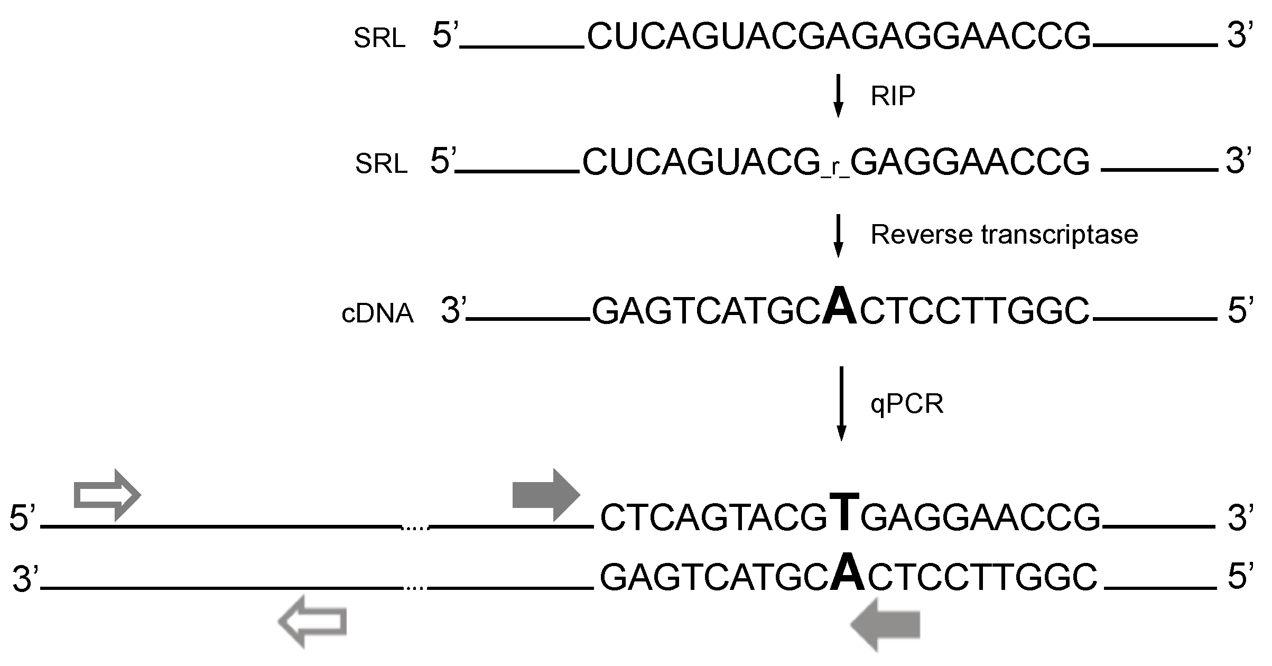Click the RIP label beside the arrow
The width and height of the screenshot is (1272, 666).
click(x=893, y=96)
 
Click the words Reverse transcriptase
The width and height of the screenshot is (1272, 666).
click(x=1004, y=235)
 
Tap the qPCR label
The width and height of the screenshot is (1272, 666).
click(x=907, y=404)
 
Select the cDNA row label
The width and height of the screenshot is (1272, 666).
click(x=377, y=313)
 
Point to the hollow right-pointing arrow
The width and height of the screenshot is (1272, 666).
click(x=107, y=495)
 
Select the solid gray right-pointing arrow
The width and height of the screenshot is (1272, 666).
click(x=546, y=495)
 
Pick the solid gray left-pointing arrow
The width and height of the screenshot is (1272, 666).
click(x=885, y=624)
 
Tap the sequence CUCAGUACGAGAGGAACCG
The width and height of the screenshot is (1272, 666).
click(x=839, y=36)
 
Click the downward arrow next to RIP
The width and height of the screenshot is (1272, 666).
click(x=838, y=95)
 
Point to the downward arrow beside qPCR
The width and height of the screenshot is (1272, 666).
click(x=840, y=403)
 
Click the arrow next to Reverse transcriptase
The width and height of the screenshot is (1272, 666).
click(x=838, y=235)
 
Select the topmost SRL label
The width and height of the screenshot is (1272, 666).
click(x=379, y=39)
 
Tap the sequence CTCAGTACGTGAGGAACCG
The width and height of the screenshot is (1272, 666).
click(x=850, y=517)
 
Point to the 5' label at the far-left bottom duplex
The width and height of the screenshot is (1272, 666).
click(x=22, y=517)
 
